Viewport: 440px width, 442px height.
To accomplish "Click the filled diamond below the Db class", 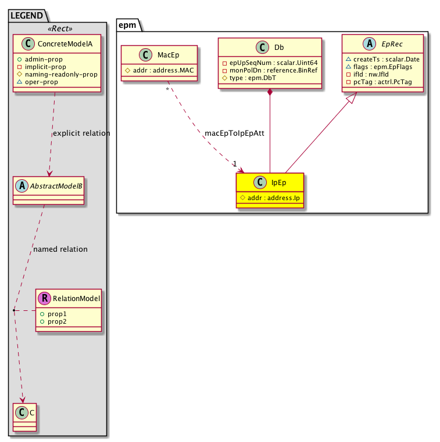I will click(x=270, y=92).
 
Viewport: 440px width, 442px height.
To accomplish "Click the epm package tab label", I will click(x=127, y=25).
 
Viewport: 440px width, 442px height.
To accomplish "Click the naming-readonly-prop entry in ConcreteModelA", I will click(x=60, y=74).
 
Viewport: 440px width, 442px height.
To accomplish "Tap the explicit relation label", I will click(x=81, y=133).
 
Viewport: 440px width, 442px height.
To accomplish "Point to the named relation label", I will click(x=60, y=249).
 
